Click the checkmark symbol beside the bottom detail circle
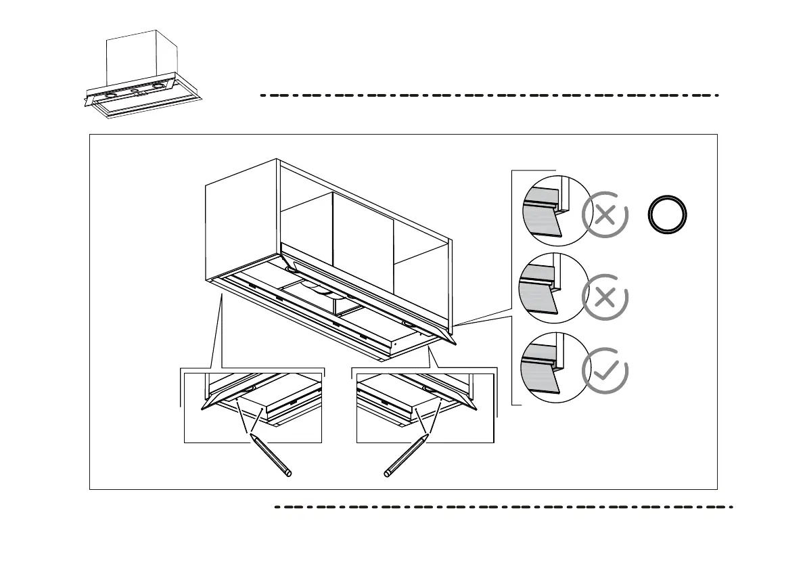pos(605,370)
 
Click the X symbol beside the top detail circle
pos(605,216)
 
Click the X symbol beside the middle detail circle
pos(605,297)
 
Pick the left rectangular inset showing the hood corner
pos(252,406)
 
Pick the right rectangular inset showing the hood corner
pos(425,406)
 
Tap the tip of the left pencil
pos(251,435)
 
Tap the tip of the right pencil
pos(427,435)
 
